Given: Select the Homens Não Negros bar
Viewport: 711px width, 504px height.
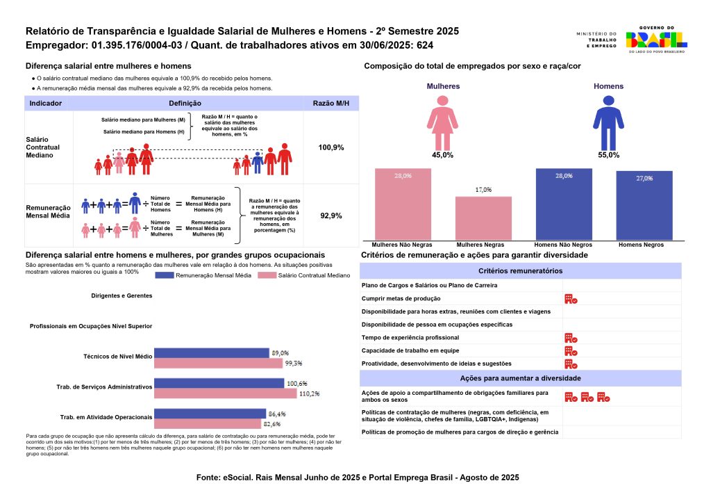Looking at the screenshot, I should pyautogui.click(x=564, y=204).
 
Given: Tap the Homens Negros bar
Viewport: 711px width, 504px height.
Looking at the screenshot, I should pyautogui.click(x=644, y=205).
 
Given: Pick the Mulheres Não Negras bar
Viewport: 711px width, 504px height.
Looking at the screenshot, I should pyautogui.click(x=403, y=204).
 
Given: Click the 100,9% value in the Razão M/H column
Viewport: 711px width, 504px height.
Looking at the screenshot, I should pyautogui.click(x=331, y=147).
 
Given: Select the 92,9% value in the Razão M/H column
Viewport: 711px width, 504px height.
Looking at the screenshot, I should pyautogui.click(x=331, y=216).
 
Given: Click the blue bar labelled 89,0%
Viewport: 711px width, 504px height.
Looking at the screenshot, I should pyautogui.click(x=211, y=353).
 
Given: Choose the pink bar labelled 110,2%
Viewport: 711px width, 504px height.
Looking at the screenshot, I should pyautogui.click(x=225, y=393).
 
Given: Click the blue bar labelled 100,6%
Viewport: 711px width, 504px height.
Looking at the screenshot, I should pyautogui.click(x=219, y=383).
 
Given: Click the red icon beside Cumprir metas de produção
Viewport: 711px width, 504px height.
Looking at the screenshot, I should pyautogui.click(x=571, y=298).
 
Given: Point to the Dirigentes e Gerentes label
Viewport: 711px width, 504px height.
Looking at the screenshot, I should pyautogui.click(x=121, y=295).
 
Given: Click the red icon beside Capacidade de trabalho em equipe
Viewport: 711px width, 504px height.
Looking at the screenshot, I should pyautogui.click(x=571, y=350).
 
